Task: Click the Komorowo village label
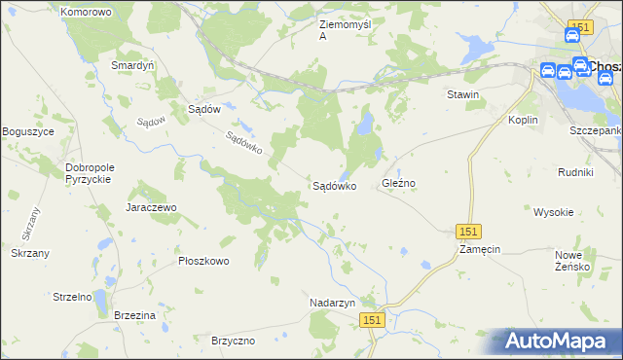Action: point(86,12)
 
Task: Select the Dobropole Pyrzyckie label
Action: point(90,173)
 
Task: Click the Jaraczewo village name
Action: point(150,207)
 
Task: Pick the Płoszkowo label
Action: point(203,261)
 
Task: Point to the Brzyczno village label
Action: point(233,341)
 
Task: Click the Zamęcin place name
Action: point(480,249)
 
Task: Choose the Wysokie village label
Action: point(553,211)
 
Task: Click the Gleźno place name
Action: point(399,183)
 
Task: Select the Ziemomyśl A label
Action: point(347,29)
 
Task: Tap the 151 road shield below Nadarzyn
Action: point(372,320)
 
